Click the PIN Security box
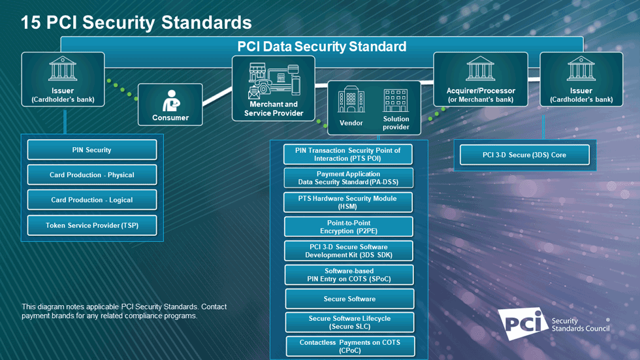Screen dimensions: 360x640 pos(92,150)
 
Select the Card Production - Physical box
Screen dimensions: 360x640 pos(92,175)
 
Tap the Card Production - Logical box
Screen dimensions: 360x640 pos(92,200)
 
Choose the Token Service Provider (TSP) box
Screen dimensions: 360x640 pos(92,225)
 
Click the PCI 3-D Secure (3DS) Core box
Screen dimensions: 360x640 pos(524,155)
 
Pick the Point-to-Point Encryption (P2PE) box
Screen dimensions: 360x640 pos(349,227)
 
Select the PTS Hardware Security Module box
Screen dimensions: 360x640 pos(348,202)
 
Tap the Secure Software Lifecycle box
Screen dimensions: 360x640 pos(349,322)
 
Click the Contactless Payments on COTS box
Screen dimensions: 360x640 pos(350,346)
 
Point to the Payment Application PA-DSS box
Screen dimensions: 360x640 pos(348,178)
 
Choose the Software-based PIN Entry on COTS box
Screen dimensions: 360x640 pos(349,275)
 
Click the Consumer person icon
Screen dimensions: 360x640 pos(171,101)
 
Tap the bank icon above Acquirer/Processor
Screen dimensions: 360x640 pos(481,69)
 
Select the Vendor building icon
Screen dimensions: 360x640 pos(351,101)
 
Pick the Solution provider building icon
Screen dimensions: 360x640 pos(396,101)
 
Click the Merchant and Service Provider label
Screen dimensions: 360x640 pos(274,108)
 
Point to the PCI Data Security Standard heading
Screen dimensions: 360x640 pos(321,46)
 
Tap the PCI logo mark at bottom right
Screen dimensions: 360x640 pos(523,323)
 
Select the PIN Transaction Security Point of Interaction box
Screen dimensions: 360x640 pos(348,154)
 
